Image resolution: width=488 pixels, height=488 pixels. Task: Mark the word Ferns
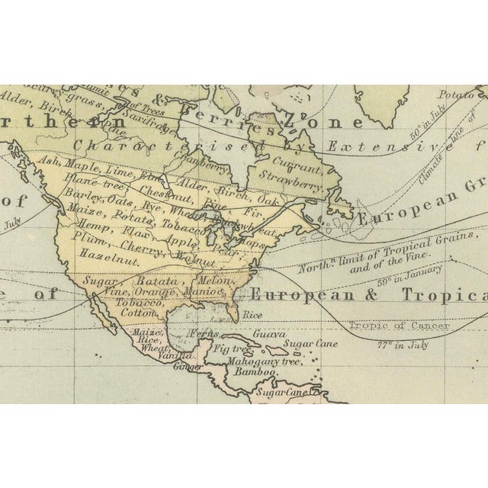(x=204, y=334)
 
